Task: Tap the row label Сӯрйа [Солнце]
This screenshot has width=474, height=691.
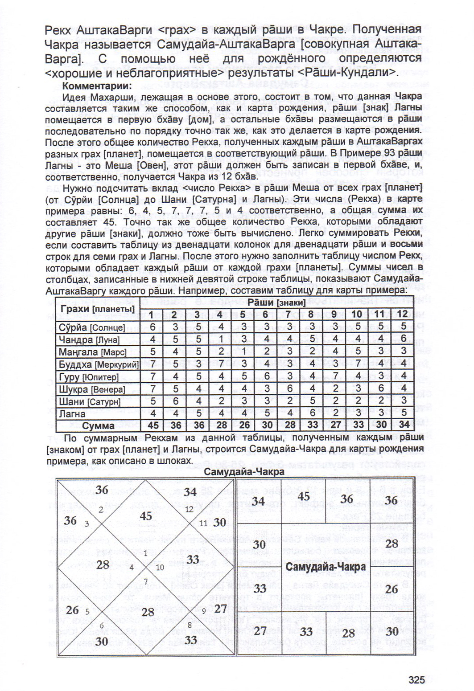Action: [x=92, y=327]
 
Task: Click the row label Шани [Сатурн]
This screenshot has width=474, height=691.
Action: [x=89, y=401]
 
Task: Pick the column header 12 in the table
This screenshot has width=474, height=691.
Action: [x=402, y=314]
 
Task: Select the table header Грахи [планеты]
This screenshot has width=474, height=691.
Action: [x=97, y=308]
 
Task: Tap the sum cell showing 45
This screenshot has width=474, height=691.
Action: [x=153, y=425]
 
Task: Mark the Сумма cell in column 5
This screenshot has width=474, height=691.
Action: [x=244, y=425]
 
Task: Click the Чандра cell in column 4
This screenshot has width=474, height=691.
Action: [x=221, y=339]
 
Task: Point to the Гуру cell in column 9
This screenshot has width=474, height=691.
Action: [x=335, y=376]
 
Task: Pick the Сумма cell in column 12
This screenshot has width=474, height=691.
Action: [x=403, y=425]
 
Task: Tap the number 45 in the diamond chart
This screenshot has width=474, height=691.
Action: [x=146, y=516]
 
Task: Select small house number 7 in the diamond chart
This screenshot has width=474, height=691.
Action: [x=145, y=581]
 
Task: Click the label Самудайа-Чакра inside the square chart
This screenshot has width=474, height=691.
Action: [x=326, y=567]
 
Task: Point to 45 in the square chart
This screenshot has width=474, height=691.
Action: [x=303, y=496]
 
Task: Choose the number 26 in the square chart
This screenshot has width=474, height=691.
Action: [x=392, y=589]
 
